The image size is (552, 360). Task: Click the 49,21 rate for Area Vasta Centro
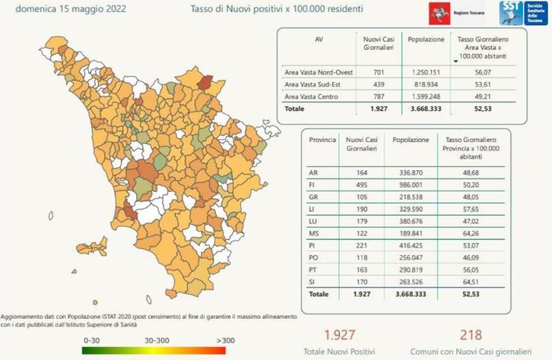pyautogui.click(x=477, y=97)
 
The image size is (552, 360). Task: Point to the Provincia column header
pyautogui.click(x=322, y=139)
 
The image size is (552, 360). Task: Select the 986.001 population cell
pyautogui.click(x=411, y=186)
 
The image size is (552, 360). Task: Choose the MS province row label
pyautogui.click(x=314, y=233)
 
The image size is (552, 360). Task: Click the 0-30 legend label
pyautogui.click(x=92, y=340)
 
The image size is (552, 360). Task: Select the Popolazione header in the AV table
pyautogui.click(x=426, y=39)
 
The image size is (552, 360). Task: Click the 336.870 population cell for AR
pyautogui.click(x=411, y=172)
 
